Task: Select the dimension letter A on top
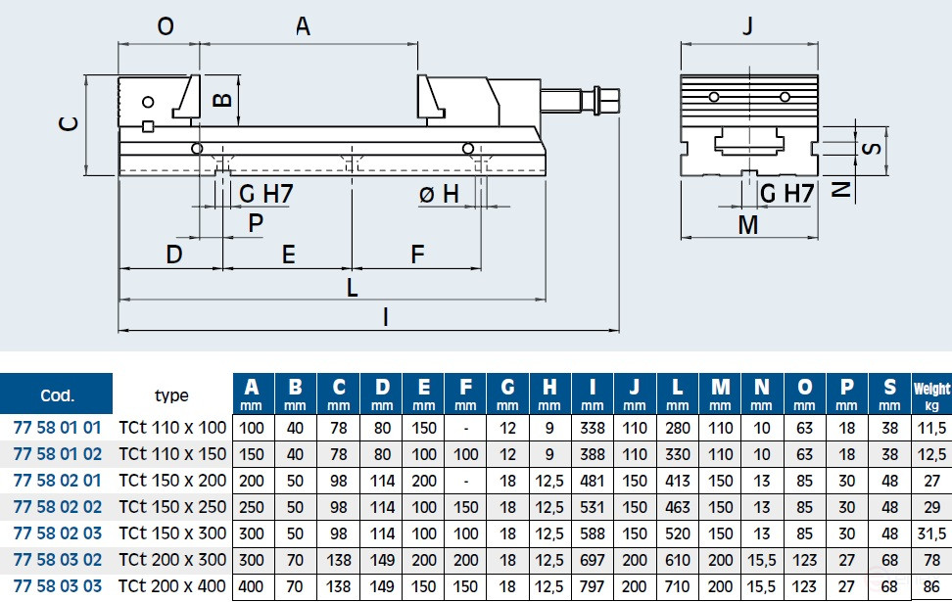point(303,27)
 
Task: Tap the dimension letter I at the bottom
point(386,316)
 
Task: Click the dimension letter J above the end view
point(748,26)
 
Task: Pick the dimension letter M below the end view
point(748,225)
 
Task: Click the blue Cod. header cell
point(57,396)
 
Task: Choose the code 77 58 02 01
point(57,481)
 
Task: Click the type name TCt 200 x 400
point(172,586)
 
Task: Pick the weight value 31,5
point(930,533)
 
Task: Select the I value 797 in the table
point(593,586)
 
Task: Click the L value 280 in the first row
point(677,428)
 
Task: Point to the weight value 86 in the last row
point(930,586)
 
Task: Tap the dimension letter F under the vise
point(417,255)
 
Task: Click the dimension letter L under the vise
point(352,287)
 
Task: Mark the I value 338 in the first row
point(593,428)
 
